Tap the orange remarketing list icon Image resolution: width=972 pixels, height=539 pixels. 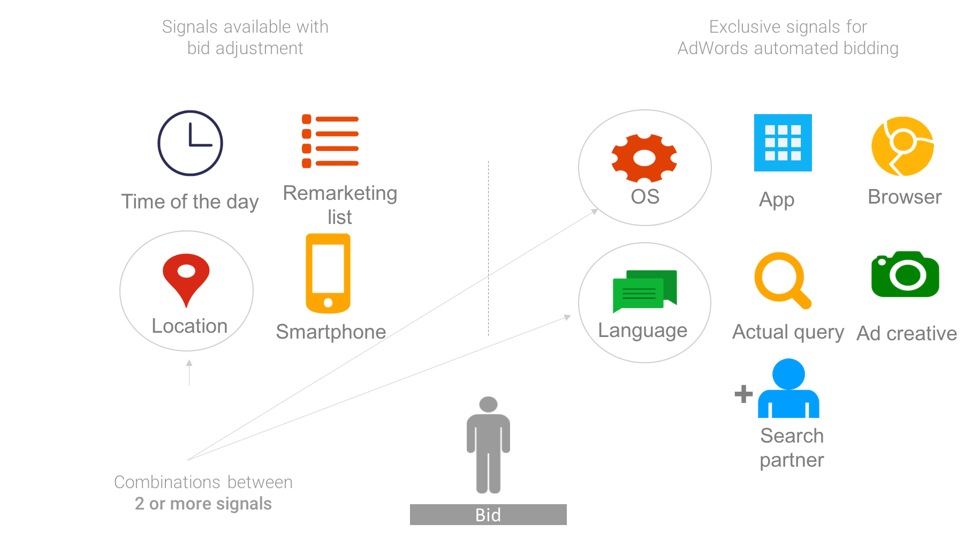pos(330,141)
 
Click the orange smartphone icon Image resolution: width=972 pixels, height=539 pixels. pos(328,273)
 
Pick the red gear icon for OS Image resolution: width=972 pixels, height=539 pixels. pos(644,158)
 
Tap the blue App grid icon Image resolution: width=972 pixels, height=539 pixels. pos(783,143)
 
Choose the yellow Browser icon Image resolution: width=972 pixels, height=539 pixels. pos(903,146)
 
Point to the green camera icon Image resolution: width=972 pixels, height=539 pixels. pos(905,274)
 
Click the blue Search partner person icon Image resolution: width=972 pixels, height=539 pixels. pos(788,388)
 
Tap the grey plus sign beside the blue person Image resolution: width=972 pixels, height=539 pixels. pos(743,394)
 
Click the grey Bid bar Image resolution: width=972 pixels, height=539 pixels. pos(488,514)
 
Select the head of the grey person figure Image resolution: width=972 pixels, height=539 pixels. pos(488,404)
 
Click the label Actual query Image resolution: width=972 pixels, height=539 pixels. pos(788,333)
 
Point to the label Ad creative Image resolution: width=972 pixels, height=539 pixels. pos(907,333)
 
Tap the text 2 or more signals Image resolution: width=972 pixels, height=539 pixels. pos(203,504)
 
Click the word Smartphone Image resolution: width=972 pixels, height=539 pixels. pos(331,332)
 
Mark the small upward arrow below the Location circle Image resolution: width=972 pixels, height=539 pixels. pos(189,372)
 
